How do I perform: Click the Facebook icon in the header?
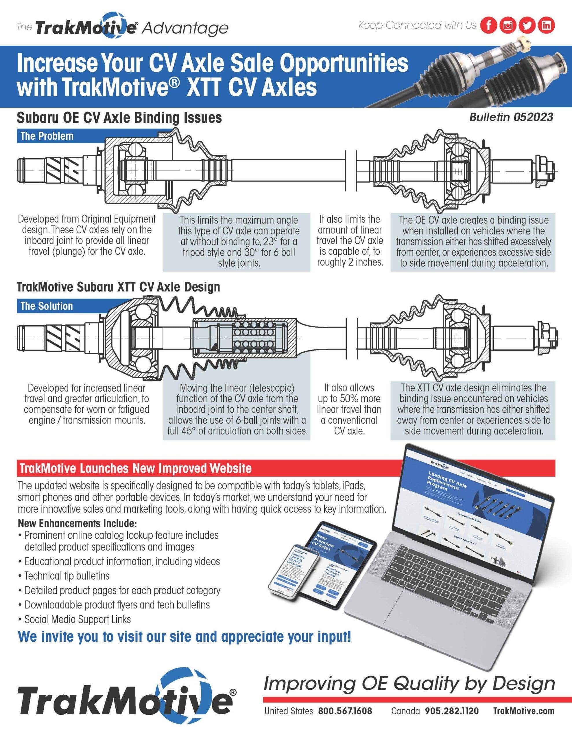point(489,25)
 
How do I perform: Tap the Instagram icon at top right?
point(508,25)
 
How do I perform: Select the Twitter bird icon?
point(527,25)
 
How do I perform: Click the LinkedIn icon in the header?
point(546,25)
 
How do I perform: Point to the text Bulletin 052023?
point(511,118)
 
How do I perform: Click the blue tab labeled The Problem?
point(47,136)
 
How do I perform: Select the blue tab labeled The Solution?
point(47,306)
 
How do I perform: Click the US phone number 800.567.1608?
point(345,711)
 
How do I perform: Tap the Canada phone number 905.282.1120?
point(452,711)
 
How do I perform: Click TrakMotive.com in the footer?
point(523,711)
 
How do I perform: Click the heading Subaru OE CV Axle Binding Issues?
point(119,118)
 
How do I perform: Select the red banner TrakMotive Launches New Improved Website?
point(136,468)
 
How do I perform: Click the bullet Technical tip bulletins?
point(67,576)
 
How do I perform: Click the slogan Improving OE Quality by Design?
point(409,684)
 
